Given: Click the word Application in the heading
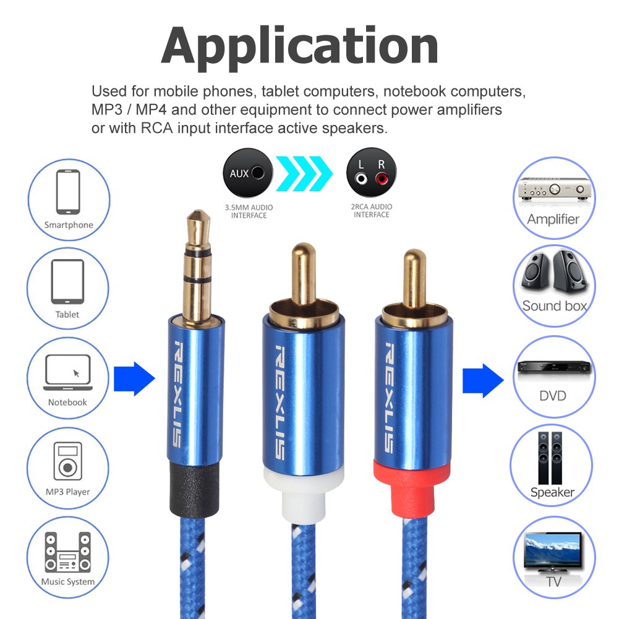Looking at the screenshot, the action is click(300, 46).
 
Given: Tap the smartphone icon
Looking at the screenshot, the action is click(68, 192).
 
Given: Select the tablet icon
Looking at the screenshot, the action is click(67, 281).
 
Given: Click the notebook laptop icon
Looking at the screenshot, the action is click(68, 372).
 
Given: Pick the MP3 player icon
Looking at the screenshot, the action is click(68, 461).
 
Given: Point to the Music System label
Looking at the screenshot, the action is click(68, 581).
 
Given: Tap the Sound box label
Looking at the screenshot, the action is click(555, 306).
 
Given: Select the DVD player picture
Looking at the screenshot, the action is click(554, 367).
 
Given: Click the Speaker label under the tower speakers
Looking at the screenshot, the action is click(552, 492).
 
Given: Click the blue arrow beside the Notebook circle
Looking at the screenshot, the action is click(134, 378).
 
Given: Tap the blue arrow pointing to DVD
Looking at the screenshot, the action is click(483, 380).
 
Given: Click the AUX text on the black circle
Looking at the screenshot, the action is click(239, 174).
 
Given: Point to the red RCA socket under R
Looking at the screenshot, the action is click(382, 179).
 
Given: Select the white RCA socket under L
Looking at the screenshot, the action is click(361, 179).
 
